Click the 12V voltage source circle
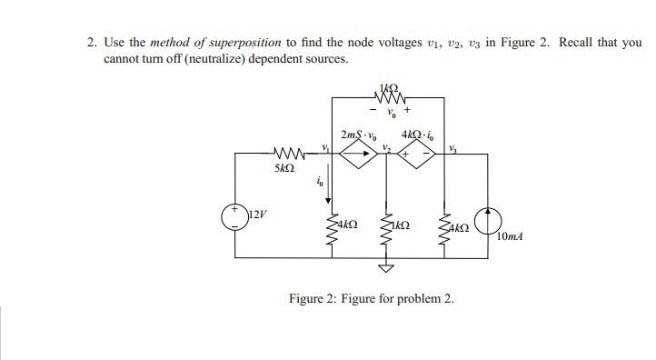236,218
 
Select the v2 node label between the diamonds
385,147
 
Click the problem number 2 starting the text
91,43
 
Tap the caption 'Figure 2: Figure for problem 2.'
370,298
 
